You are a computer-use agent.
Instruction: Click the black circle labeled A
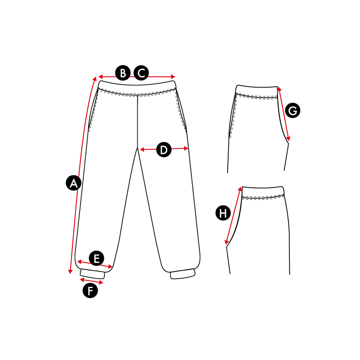[x=73, y=183]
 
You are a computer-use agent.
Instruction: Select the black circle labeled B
[x=123, y=73]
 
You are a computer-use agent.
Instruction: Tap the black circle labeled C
[x=141, y=73]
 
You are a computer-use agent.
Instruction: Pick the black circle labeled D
[x=164, y=150]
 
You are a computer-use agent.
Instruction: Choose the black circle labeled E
[x=97, y=258]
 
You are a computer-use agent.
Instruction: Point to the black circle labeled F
[x=90, y=290]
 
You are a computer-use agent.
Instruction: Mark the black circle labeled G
[x=292, y=111]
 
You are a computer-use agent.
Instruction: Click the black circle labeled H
[x=223, y=213]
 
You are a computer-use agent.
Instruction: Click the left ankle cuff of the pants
[x=92, y=274]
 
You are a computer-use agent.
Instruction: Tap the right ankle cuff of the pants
[x=183, y=274]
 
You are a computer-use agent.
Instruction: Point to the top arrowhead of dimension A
[x=95, y=79]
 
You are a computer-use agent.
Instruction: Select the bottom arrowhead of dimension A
[x=70, y=271]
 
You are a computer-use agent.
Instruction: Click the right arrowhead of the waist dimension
[x=173, y=77]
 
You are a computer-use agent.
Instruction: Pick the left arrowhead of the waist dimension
[x=100, y=77]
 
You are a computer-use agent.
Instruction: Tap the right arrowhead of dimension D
[x=186, y=149]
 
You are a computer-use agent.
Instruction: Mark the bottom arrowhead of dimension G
[x=288, y=139]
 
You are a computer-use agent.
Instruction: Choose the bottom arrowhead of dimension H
[x=227, y=242]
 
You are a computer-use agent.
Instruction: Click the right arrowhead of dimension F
[x=101, y=282]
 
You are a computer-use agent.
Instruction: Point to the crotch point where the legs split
[x=137, y=148]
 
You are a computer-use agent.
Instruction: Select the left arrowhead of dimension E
[x=79, y=262]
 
